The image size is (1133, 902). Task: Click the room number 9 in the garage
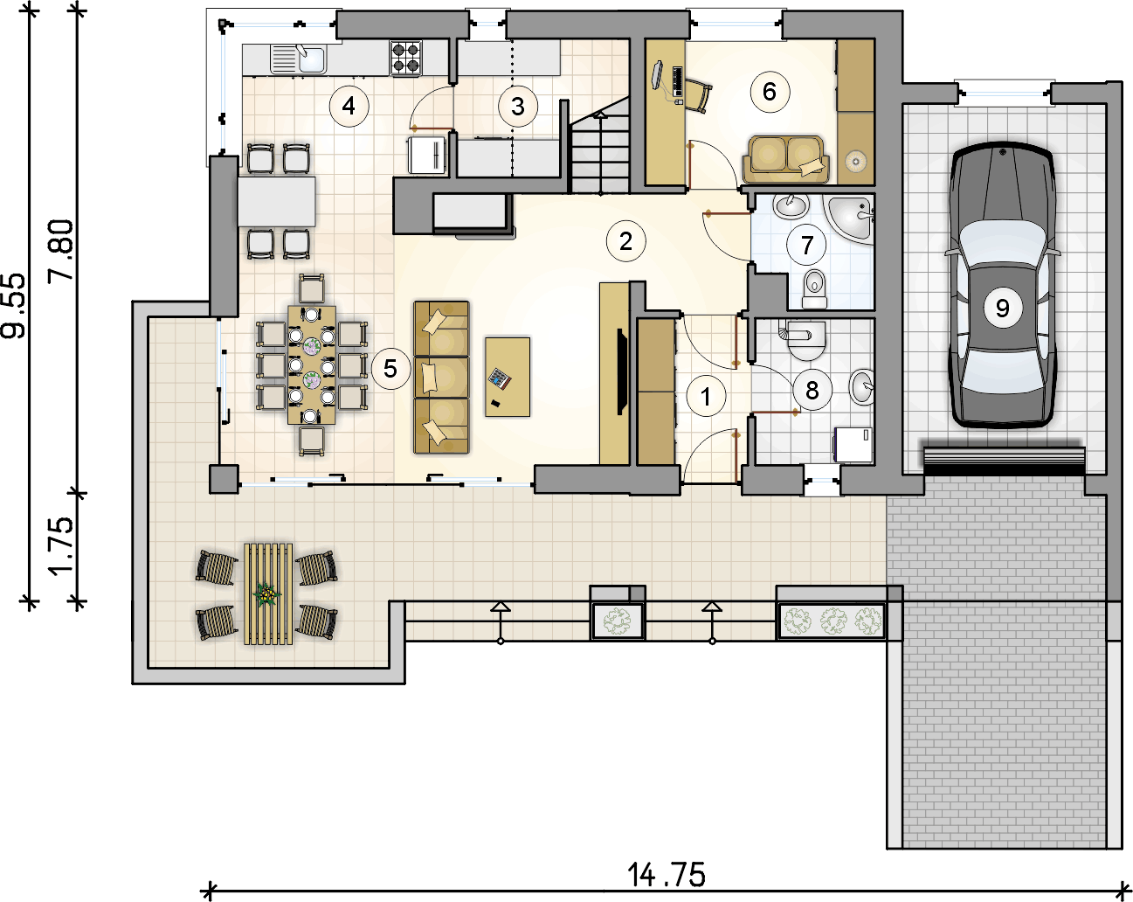(x=1003, y=309)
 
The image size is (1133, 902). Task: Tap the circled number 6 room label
(x=770, y=92)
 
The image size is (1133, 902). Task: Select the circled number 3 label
(x=517, y=107)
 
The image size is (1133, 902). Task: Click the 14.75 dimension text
(x=666, y=875)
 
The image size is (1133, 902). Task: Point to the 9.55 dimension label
(x=13, y=306)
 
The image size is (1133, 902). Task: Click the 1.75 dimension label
(x=60, y=546)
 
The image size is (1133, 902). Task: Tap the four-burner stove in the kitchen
(x=406, y=58)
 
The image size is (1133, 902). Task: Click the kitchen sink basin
(x=312, y=59)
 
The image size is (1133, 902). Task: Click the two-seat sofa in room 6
(x=785, y=159)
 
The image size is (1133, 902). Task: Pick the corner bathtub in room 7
(x=851, y=219)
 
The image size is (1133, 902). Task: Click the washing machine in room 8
(x=853, y=445)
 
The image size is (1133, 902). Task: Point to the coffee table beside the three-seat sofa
(x=508, y=378)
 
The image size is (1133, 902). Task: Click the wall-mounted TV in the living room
(x=622, y=372)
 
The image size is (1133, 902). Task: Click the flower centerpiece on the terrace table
(x=267, y=595)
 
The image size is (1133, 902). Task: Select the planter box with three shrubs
(x=832, y=621)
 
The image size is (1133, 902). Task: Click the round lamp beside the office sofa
(x=856, y=160)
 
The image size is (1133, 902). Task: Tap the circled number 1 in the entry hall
(x=706, y=396)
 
